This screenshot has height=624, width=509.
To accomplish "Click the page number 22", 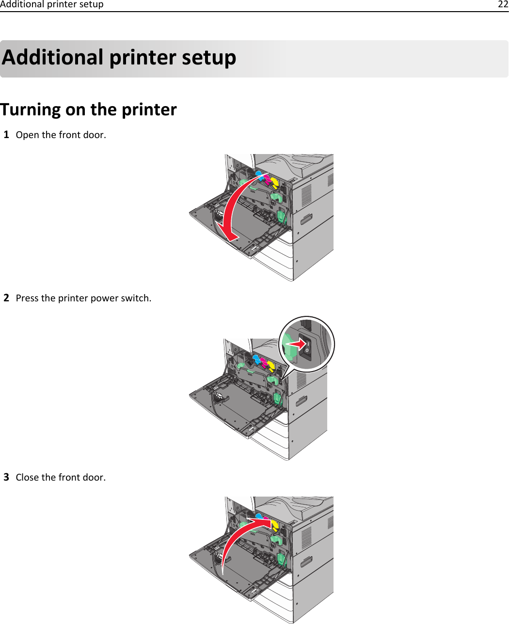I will [x=503, y=5].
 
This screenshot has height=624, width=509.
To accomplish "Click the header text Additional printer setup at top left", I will [x=52, y=5].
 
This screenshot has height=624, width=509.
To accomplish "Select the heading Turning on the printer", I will [x=89, y=109].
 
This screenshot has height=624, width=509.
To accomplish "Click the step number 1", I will [x=6, y=134].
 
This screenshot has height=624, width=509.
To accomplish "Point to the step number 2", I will [x=6, y=297].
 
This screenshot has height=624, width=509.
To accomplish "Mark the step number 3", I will [x=6, y=477].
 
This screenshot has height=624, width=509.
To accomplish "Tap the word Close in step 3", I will [x=27, y=477].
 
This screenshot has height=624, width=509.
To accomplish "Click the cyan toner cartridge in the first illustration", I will [x=259, y=175].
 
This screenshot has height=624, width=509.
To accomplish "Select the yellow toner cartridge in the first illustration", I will [x=274, y=183].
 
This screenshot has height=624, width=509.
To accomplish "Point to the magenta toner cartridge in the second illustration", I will [x=264, y=362].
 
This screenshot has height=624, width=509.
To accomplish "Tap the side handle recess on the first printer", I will [x=306, y=219].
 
